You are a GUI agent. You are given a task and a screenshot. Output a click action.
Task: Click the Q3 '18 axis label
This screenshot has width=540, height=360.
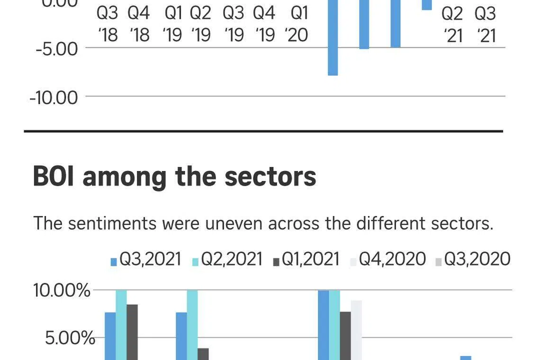pyautogui.click(x=107, y=24)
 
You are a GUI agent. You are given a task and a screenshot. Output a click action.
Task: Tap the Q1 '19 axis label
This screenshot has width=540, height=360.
pyautogui.click(x=173, y=24)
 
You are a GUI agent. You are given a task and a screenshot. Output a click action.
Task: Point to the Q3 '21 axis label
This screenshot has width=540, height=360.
pyautogui.click(x=485, y=25)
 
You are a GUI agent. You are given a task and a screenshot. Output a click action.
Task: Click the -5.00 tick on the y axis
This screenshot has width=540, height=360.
pyautogui.click(x=57, y=49)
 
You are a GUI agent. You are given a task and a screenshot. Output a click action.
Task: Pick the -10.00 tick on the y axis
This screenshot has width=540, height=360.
pyautogui.click(x=54, y=98)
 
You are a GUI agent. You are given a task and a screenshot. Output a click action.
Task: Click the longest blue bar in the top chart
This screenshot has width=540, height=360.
pyautogui.click(x=333, y=37)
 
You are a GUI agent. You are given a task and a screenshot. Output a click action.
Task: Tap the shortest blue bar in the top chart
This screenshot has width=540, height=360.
pyautogui.click(x=427, y=5)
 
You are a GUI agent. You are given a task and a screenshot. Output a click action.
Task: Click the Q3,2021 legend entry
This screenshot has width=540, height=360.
pyautogui.click(x=146, y=260)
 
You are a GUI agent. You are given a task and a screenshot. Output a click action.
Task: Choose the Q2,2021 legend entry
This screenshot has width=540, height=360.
pyautogui.click(x=227, y=260)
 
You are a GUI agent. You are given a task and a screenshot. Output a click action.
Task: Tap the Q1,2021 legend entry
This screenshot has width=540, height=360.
pyautogui.click(x=306, y=260)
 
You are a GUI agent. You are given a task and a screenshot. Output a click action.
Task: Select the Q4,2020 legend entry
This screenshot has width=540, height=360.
pyautogui.click(x=388, y=260)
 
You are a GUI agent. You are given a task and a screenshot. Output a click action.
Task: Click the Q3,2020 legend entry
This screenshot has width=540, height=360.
pyautogui.click(x=473, y=260)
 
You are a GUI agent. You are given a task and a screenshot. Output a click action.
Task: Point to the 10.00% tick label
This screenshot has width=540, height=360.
pyautogui.click(x=62, y=290)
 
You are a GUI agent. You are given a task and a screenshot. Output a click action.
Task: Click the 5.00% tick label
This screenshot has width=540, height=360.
pyautogui.click(x=70, y=338)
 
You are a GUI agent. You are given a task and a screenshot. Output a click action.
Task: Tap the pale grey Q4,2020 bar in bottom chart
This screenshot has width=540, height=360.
pyautogui.click(x=356, y=330)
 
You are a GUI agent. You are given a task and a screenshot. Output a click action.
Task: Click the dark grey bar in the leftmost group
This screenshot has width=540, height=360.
pyautogui.click(x=132, y=332)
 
